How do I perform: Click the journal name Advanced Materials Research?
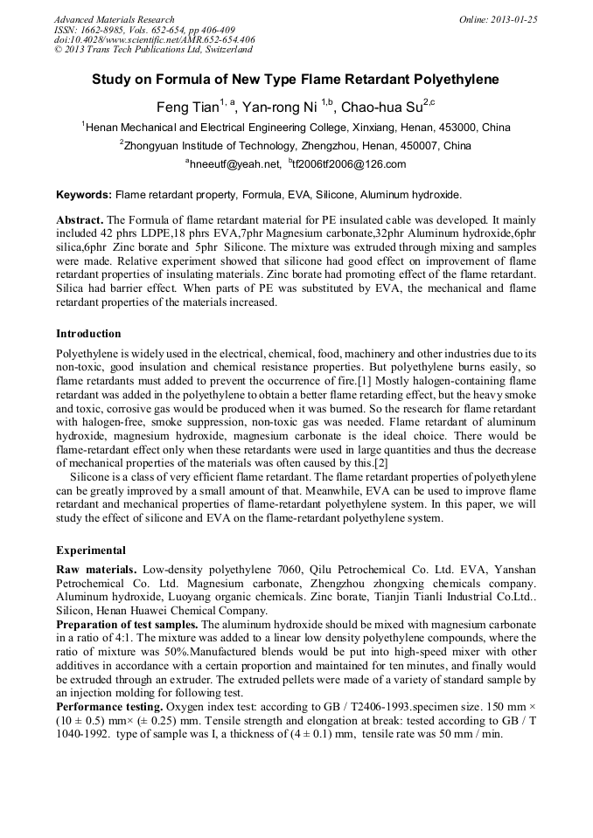click(x=115, y=19)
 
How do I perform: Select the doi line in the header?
click(x=154, y=39)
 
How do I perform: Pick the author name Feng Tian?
click(x=186, y=107)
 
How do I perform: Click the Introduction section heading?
click(x=88, y=334)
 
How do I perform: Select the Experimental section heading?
click(x=91, y=551)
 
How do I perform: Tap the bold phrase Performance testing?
click(x=109, y=705)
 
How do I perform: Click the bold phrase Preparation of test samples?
click(x=128, y=625)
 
